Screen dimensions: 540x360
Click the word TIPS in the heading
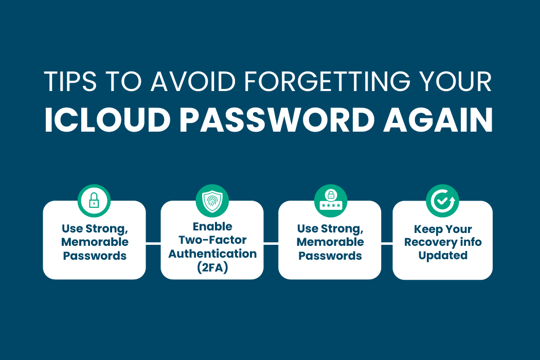point(70,81)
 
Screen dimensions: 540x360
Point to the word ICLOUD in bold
point(108,120)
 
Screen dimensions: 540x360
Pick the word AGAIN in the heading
point(438,120)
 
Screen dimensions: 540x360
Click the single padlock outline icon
point(94,201)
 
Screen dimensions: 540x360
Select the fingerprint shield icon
point(212,201)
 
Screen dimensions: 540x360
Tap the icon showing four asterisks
point(331,201)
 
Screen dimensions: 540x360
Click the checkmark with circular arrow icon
point(442,201)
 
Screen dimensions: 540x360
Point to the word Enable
point(212,227)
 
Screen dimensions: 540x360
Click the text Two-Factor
point(212,240)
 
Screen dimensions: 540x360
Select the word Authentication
point(212,254)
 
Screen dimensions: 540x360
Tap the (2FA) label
point(212,267)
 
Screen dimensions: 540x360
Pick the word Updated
point(443,256)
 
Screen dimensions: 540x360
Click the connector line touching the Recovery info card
point(387,244)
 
